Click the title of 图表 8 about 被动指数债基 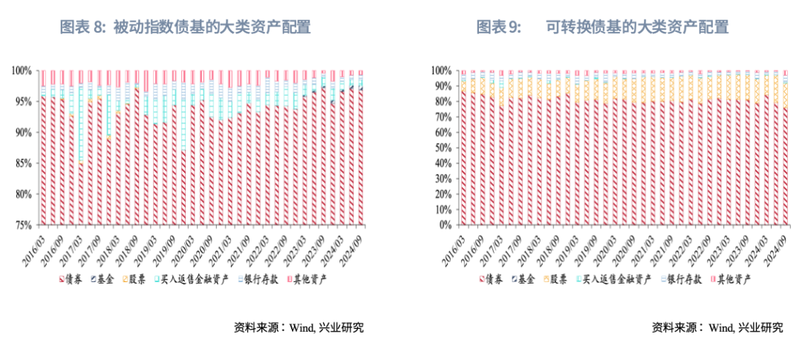[185, 27]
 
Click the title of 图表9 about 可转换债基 [602, 27]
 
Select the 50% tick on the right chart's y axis [442, 147]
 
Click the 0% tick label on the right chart [445, 225]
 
